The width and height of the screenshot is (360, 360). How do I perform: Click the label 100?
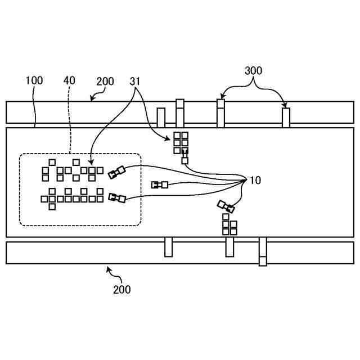point(34,80)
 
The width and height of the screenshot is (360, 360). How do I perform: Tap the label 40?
point(69,80)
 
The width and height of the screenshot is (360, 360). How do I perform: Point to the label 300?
point(253,71)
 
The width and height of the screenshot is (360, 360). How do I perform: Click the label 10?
point(255,181)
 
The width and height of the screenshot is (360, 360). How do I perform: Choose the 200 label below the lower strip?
point(121,290)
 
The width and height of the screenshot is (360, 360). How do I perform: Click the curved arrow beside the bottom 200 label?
point(112,274)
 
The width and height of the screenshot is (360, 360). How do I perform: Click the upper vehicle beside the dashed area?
point(116,172)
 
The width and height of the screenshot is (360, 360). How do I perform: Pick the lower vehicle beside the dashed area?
point(116,197)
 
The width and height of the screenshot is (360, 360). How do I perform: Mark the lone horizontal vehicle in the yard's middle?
point(160,184)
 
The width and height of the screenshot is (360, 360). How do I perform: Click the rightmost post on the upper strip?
point(286,118)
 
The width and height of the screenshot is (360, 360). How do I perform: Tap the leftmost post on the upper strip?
point(161,118)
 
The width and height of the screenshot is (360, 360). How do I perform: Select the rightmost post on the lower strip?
point(263,251)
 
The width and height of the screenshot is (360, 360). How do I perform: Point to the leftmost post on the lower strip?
point(168,247)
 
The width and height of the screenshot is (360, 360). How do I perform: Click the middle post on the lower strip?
point(229,247)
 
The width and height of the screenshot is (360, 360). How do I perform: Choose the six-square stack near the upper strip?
point(181,142)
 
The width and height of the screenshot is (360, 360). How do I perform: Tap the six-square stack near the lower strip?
point(229,224)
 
